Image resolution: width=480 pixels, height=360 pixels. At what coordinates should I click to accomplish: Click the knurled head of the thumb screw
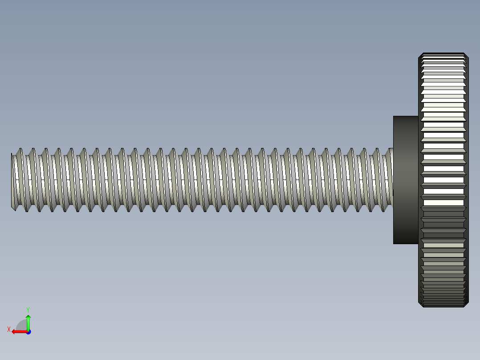tap(443, 180)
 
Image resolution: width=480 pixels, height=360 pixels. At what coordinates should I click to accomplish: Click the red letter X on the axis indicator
tap(9, 329)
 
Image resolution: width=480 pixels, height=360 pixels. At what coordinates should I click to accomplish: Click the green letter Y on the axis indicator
tap(28, 309)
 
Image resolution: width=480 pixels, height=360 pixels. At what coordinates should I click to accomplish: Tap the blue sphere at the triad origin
tap(28, 331)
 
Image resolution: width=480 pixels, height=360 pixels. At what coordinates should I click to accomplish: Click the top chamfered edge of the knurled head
tap(443, 54)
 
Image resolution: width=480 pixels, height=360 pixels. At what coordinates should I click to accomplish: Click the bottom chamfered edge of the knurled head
tap(443, 306)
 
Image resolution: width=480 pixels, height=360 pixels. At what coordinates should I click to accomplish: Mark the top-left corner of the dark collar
tap(394, 117)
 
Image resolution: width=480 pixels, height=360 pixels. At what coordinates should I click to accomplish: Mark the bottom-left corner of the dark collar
tap(394, 243)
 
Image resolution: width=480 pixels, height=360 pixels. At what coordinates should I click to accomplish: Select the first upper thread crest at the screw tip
tap(19, 150)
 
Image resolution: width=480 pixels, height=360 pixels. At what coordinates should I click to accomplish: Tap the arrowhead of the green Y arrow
tap(28, 317)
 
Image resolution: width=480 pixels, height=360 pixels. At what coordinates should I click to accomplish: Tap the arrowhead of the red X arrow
tap(14, 331)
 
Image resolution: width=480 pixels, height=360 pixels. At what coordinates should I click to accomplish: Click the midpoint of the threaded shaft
tap(203, 180)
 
